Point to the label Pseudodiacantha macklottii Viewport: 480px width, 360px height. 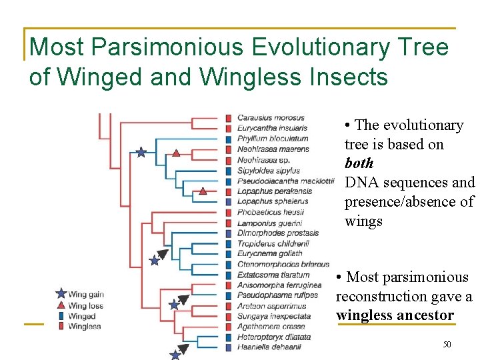[x=285, y=181]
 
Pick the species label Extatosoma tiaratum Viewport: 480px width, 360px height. [x=273, y=275]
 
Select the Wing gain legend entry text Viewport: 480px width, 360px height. [x=86, y=294]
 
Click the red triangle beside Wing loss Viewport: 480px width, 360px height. [x=61, y=305]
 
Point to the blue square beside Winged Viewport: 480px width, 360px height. [x=61, y=316]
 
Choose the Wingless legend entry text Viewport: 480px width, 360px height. [x=85, y=327]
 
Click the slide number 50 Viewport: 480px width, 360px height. [x=447, y=345]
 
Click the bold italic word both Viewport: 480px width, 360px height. [x=359, y=163]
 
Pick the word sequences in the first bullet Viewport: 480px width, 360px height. [x=415, y=182]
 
